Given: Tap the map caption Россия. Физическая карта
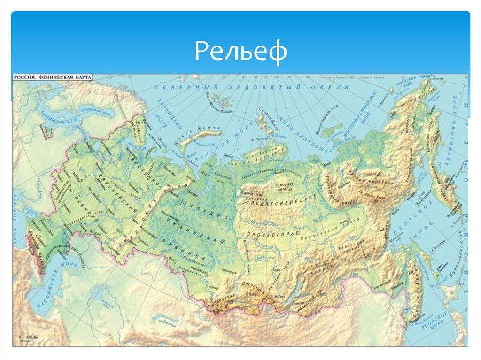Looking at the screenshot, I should (x=52, y=77).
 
